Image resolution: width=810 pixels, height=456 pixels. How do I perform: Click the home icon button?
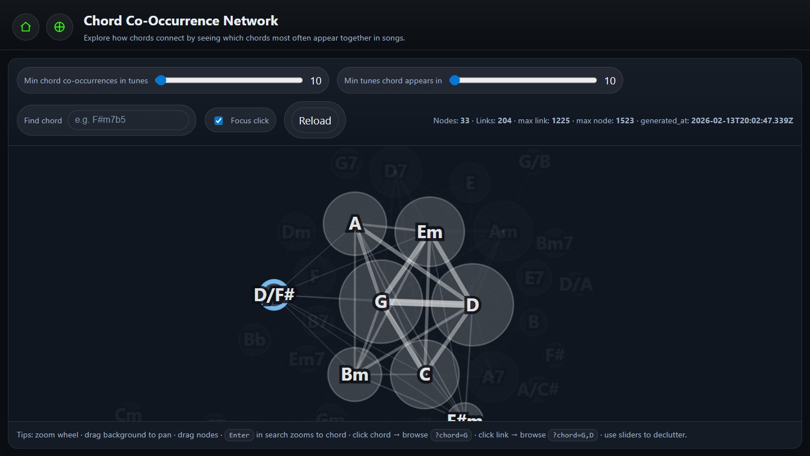[26, 27]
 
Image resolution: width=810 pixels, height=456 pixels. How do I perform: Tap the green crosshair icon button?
[60, 27]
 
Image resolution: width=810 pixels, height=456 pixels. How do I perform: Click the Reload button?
[314, 120]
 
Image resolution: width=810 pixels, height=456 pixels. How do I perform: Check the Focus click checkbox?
[219, 120]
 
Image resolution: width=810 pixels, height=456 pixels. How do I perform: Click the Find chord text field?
[128, 120]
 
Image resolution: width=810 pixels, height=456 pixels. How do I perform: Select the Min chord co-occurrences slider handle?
[161, 81]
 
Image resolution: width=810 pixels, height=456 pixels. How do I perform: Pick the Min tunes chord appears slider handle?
[455, 81]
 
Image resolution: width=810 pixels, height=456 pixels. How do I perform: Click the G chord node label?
[381, 302]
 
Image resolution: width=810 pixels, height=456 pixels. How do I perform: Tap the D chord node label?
[472, 305]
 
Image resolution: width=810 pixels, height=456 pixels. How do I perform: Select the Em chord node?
[430, 232]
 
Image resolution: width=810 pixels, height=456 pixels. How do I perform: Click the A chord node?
[355, 224]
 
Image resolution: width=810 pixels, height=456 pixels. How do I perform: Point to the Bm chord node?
[355, 374]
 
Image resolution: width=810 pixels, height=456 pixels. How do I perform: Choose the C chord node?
[425, 374]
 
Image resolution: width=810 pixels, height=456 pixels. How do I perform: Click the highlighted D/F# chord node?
[274, 295]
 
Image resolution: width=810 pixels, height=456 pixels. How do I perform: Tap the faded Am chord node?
[503, 231]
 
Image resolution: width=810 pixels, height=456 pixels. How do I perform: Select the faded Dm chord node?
[296, 231]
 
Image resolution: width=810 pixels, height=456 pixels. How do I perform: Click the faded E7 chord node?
[534, 278]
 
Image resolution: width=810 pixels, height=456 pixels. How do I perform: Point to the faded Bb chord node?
[255, 339]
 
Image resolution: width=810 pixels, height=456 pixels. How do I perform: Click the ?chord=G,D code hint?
[573, 435]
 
